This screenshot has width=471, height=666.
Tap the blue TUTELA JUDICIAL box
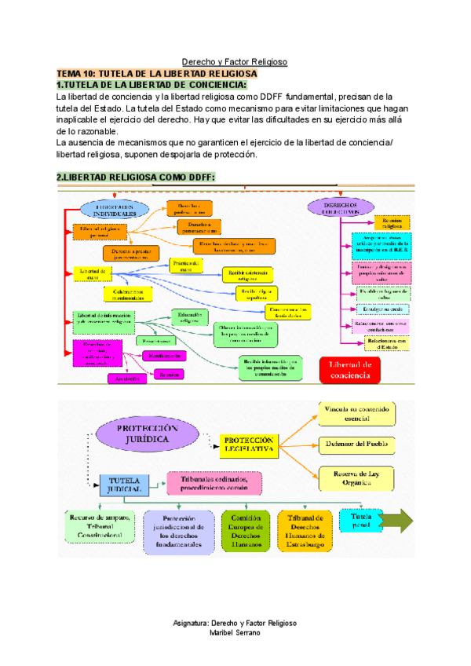[125, 482]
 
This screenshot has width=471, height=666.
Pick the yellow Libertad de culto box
[92, 272]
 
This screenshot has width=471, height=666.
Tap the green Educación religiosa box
[190, 317]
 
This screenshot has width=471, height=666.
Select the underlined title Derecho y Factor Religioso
[235, 60]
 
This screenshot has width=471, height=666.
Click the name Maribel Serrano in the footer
[235, 634]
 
